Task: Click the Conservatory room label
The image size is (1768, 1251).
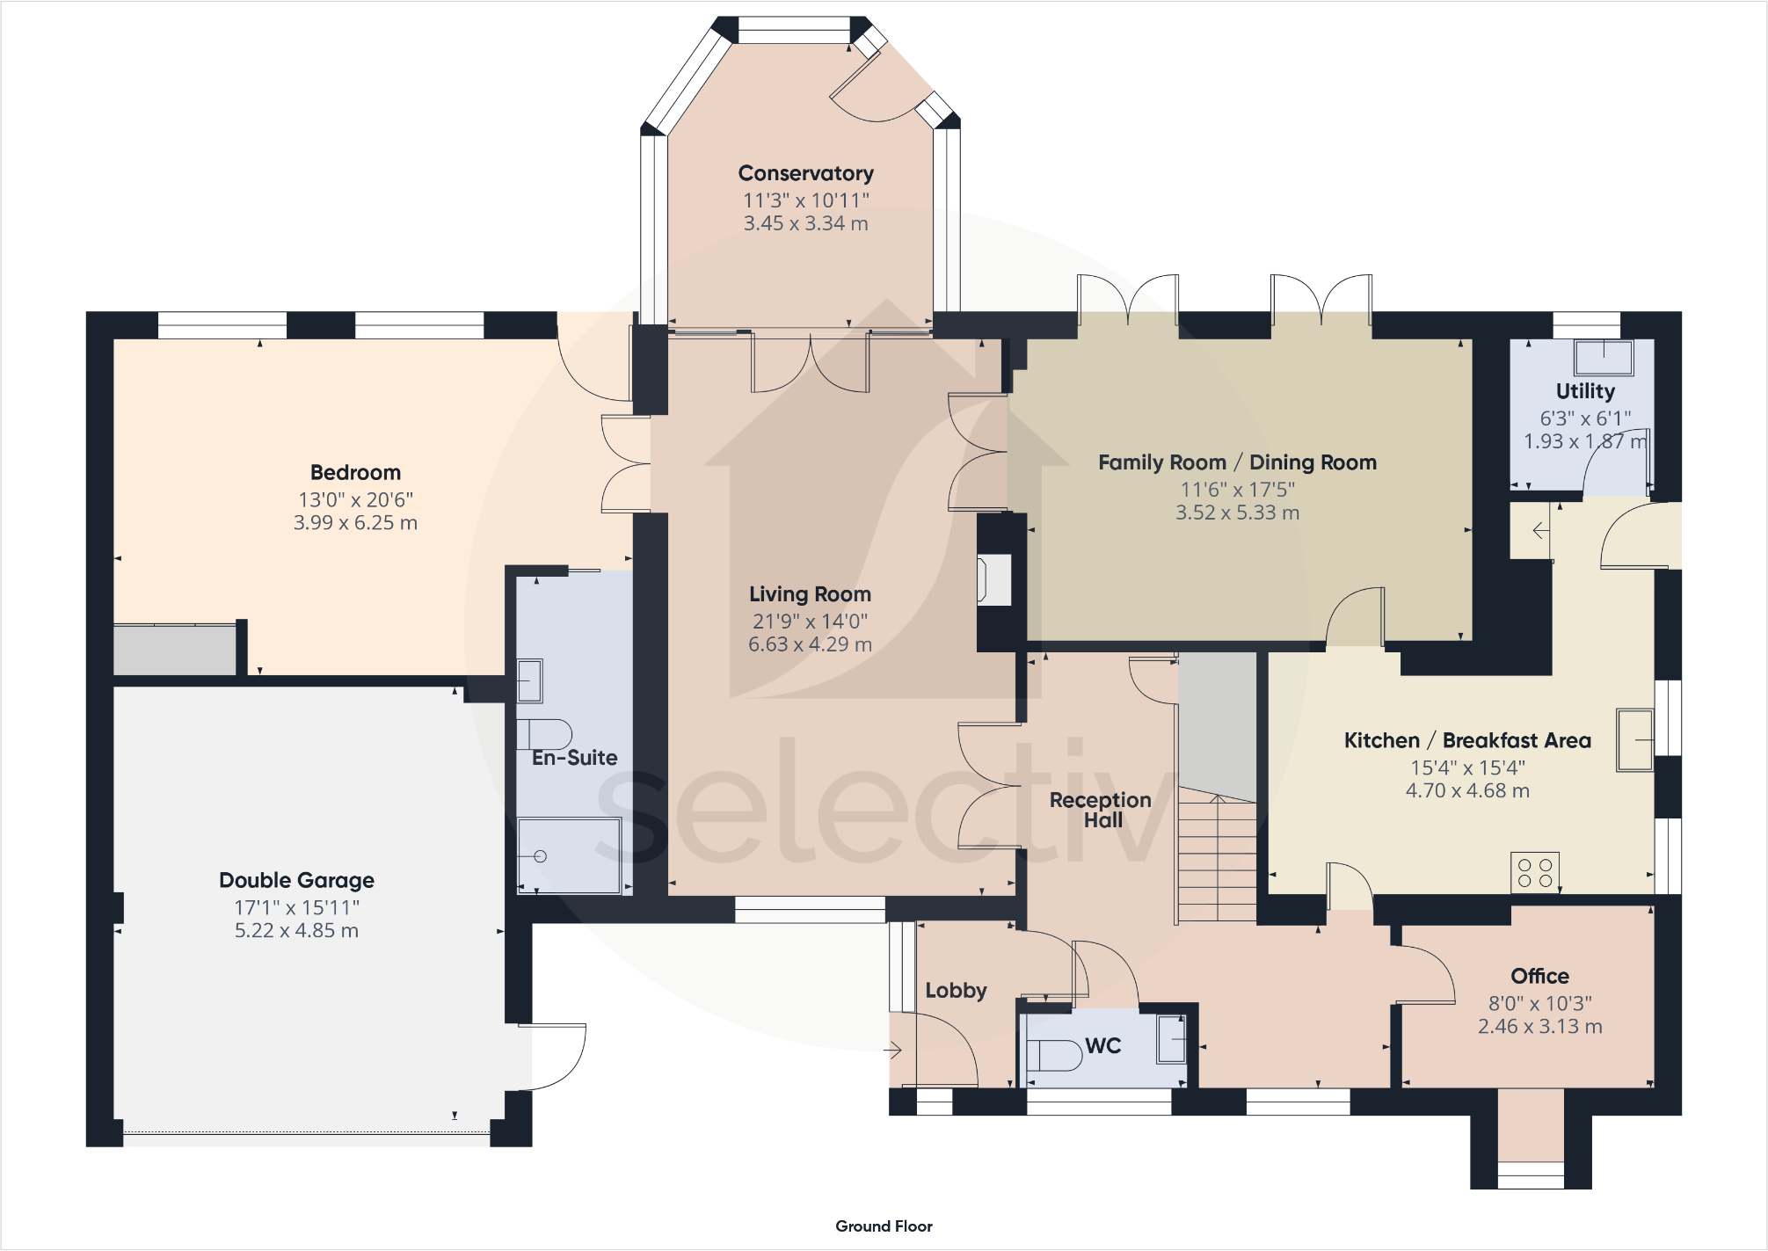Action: (805, 173)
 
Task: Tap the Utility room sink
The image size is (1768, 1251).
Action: (1604, 358)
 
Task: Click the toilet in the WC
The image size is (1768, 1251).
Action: (1054, 1055)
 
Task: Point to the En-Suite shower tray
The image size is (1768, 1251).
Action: (569, 855)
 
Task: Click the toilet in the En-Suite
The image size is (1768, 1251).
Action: (544, 734)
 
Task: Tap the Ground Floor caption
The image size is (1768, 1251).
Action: (884, 1226)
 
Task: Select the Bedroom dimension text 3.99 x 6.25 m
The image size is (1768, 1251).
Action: (355, 523)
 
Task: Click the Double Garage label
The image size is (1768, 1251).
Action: (296, 880)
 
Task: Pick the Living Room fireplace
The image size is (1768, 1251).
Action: (994, 580)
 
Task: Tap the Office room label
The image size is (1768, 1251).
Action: (1539, 976)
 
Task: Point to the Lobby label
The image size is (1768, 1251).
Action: (956, 991)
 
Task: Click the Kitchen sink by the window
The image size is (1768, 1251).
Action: (1634, 740)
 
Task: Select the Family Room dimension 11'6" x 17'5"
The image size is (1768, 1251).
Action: (1237, 490)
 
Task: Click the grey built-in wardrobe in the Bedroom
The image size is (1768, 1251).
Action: (175, 650)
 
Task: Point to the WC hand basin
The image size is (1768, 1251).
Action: (1171, 1039)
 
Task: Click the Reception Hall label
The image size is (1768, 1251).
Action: (1101, 810)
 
